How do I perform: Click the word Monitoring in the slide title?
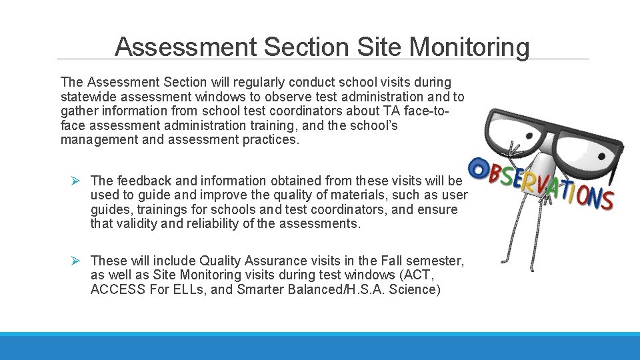click(x=469, y=47)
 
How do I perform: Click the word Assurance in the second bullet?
click(x=275, y=261)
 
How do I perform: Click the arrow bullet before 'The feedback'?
click(x=77, y=181)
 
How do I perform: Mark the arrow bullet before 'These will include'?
click(x=77, y=261)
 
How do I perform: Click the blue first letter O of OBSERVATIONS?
click(x=477, y=167)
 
